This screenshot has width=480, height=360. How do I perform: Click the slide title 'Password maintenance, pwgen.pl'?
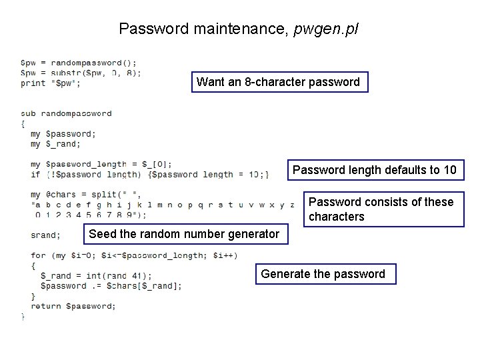238,29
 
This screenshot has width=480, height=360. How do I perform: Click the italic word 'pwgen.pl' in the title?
325,29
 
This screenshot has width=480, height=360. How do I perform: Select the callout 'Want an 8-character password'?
279,82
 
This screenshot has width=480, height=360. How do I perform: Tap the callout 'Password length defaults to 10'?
374,170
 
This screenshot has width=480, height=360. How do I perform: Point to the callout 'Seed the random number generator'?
184,234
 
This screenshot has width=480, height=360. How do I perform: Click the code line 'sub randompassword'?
67,113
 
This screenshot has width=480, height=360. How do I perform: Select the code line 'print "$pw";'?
51,83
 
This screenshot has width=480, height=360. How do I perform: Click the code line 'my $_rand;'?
55,144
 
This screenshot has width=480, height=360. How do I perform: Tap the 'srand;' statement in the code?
45,235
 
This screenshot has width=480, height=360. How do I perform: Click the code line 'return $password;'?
73,306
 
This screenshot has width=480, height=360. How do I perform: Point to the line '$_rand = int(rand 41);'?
96,276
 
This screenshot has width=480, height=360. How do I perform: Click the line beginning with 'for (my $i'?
125,255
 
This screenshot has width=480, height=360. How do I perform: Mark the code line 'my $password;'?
63,134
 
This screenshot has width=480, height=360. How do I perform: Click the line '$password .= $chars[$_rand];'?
111,286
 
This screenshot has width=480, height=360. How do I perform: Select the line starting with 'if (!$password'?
150,175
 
